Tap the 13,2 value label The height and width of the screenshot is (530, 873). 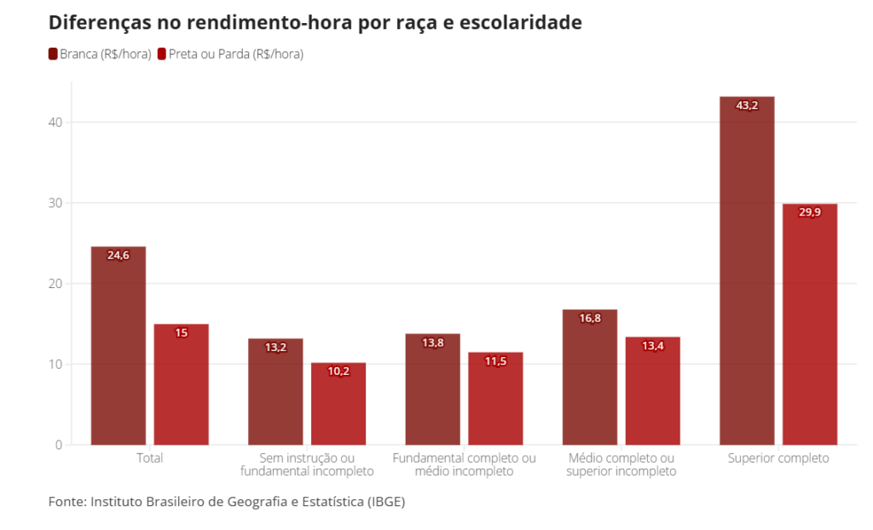point(275,348)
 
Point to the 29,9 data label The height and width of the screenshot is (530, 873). point(810,212)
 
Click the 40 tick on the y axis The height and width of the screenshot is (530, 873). point(55,122)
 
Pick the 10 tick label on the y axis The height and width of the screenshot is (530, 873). point(55,364)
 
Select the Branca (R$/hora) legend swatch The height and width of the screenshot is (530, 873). point(53,54)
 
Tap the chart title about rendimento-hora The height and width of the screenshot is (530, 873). point(315,23)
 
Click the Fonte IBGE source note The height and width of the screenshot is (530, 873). point(226,501)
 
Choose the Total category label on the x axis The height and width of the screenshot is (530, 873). point(150,458)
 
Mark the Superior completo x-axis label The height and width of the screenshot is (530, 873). point(778,458)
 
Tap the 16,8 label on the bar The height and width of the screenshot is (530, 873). point(590,319)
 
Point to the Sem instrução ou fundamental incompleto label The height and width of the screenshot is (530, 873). point(307,464)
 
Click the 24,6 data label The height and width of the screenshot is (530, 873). point(119,255)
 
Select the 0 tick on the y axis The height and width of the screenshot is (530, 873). point(58,445)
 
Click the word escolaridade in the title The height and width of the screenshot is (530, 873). point(520,23)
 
